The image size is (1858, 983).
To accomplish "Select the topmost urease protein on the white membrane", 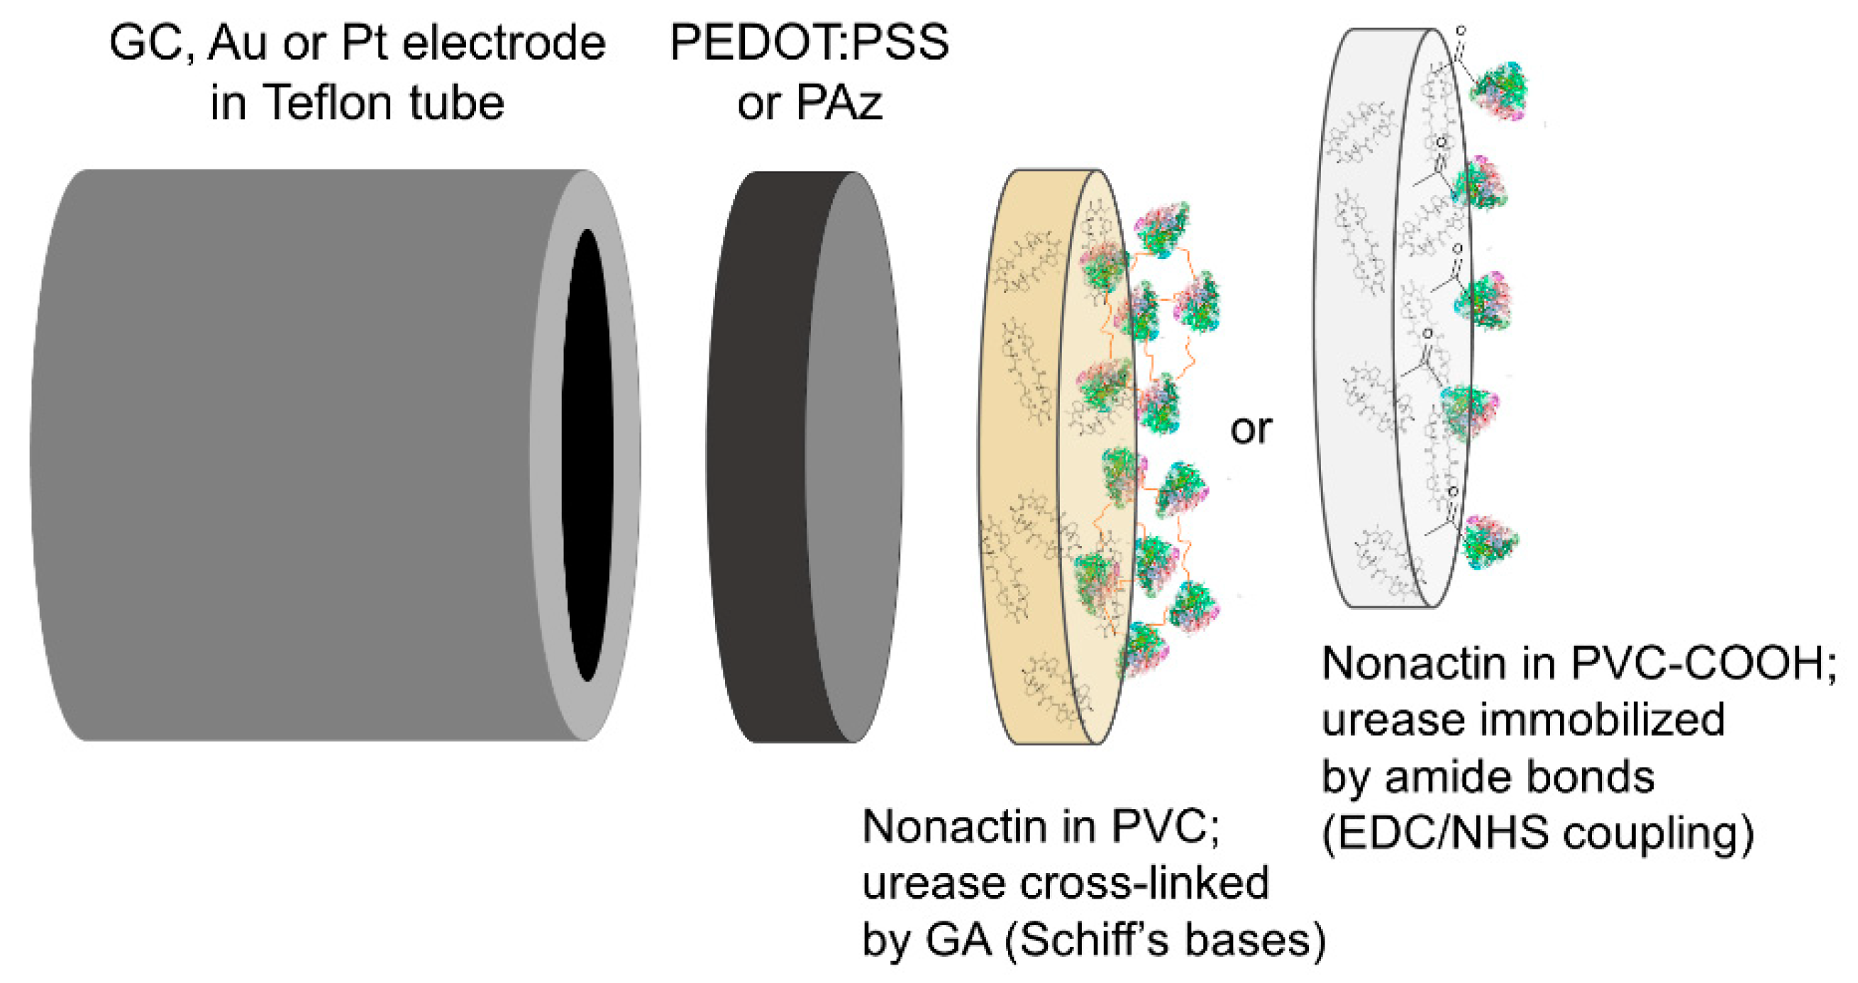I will click(x=1499, y=91).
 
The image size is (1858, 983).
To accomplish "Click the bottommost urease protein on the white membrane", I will click(x=1490, y=542).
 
